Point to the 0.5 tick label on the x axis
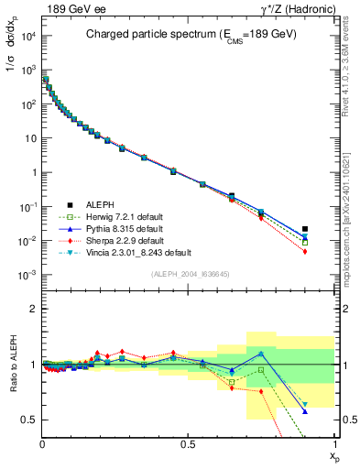[x=188, y=442]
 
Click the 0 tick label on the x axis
[x=42, y=442]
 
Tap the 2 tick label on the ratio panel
[x=32, y=309]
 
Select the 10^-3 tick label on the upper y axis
[x=27, y=276]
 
